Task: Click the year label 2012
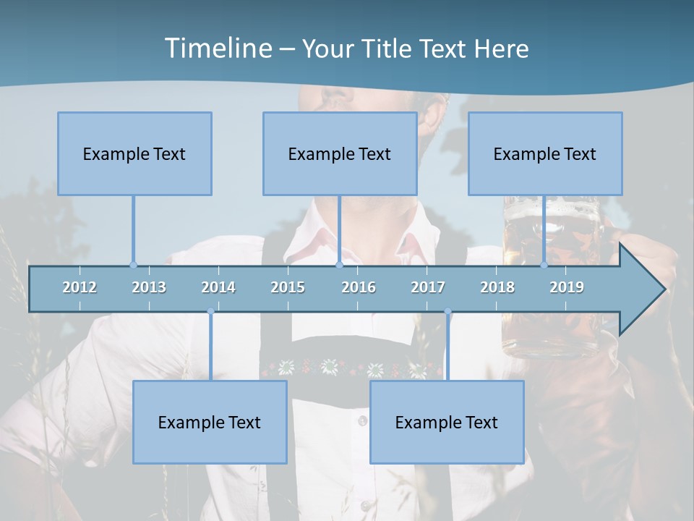pos(80,287)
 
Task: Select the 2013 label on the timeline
pos(149,287)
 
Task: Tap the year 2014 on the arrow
pos(218,287)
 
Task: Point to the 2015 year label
pos(288,287)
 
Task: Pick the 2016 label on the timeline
pos(359,287)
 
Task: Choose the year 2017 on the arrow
pos(428,287)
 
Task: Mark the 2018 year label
pos(497,287)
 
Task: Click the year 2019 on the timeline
pos(567,287)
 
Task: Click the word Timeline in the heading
pos(217,48)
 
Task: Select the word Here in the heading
pos(501,48)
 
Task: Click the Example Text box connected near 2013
pos(134,154)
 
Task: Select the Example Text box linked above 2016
pos(340,154)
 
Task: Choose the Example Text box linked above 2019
pos(545,154)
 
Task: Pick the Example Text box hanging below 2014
pos(210,423)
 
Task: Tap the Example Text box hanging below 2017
pos(447,423)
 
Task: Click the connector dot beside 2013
pos(133,265)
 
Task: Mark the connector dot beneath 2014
pos(210,312)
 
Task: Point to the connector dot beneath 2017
pos(447,312)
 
